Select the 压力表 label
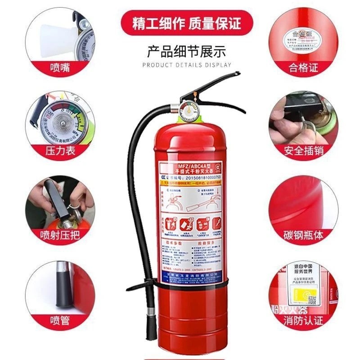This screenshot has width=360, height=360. coord(60,150)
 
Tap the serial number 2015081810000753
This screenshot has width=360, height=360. coord(198,177)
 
